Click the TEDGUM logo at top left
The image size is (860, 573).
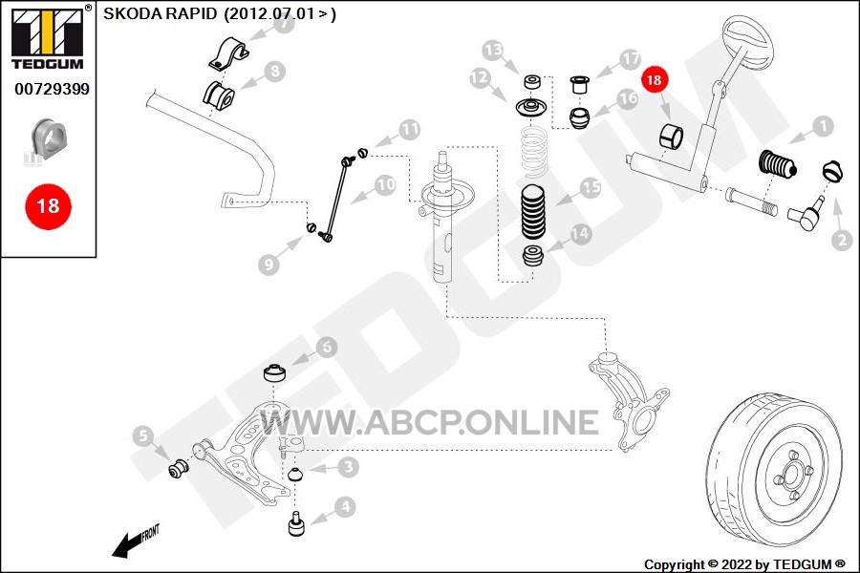point(49,37)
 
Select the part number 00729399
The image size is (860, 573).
point(53,89)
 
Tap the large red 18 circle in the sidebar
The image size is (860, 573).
point(49,206)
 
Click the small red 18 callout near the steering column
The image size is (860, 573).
point(654,80)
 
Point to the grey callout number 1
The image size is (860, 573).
point(823,127)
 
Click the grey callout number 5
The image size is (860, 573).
point(143,436)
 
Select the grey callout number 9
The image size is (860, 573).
point(269,265)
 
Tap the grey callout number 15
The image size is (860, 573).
point(591,187)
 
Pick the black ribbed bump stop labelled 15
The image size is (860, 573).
point(532,212)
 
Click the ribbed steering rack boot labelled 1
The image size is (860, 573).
point(777,164)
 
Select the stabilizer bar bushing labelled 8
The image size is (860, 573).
point(220,95)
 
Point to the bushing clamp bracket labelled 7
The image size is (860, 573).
point(227,53)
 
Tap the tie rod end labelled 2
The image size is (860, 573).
point(806,214)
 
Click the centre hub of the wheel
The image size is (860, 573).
point(792,474)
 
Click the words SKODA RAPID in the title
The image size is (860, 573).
point(161,13)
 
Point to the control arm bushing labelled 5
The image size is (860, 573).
point(179,468)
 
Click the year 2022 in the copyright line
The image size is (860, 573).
point(737,564)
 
